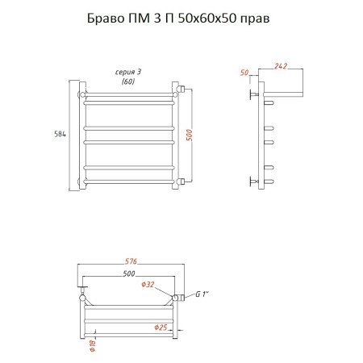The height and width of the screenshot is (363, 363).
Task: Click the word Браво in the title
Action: pos(104,19)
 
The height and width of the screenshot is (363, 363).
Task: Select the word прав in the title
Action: pos(254,19)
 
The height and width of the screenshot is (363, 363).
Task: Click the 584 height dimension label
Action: pos(60,134)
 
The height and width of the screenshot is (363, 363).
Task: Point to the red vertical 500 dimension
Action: pos(190,135)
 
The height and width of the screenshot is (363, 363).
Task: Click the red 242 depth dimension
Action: pos(281,66)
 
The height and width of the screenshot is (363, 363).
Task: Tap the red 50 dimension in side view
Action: pos(244,73)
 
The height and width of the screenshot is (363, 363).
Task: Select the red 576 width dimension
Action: pos(131,261)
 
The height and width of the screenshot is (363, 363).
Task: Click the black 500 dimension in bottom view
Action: pos(129,273)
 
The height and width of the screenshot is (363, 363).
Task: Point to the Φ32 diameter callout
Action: pos(148,284)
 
